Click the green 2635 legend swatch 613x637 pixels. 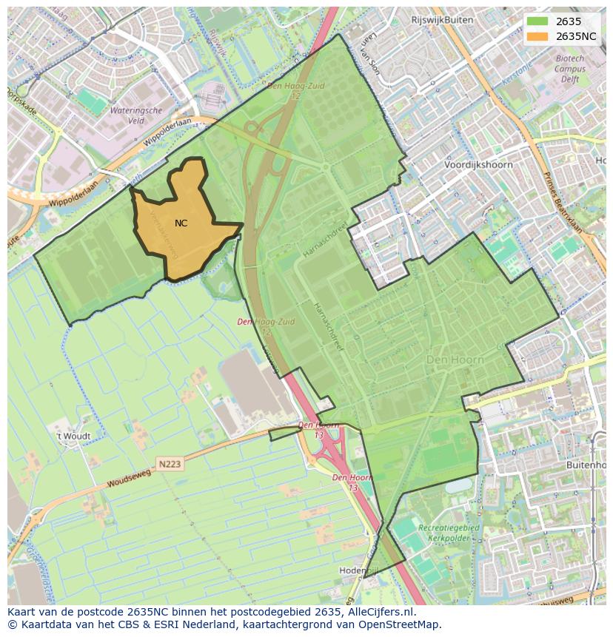[537, 21]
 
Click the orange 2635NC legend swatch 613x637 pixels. [537, 36]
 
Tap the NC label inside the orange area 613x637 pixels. [181, 223]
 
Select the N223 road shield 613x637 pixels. [170, 464]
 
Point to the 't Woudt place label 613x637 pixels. [74, 437]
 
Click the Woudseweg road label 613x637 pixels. [129, 478]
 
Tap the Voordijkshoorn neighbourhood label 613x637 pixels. [478, 165]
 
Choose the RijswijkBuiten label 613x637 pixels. [442, 20]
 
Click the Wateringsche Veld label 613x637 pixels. [135, 115]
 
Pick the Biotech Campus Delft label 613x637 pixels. [569, 69]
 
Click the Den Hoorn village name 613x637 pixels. [455, 360]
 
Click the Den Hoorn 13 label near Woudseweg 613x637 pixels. [318, 430]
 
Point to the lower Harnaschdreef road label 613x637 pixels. [326, 326]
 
